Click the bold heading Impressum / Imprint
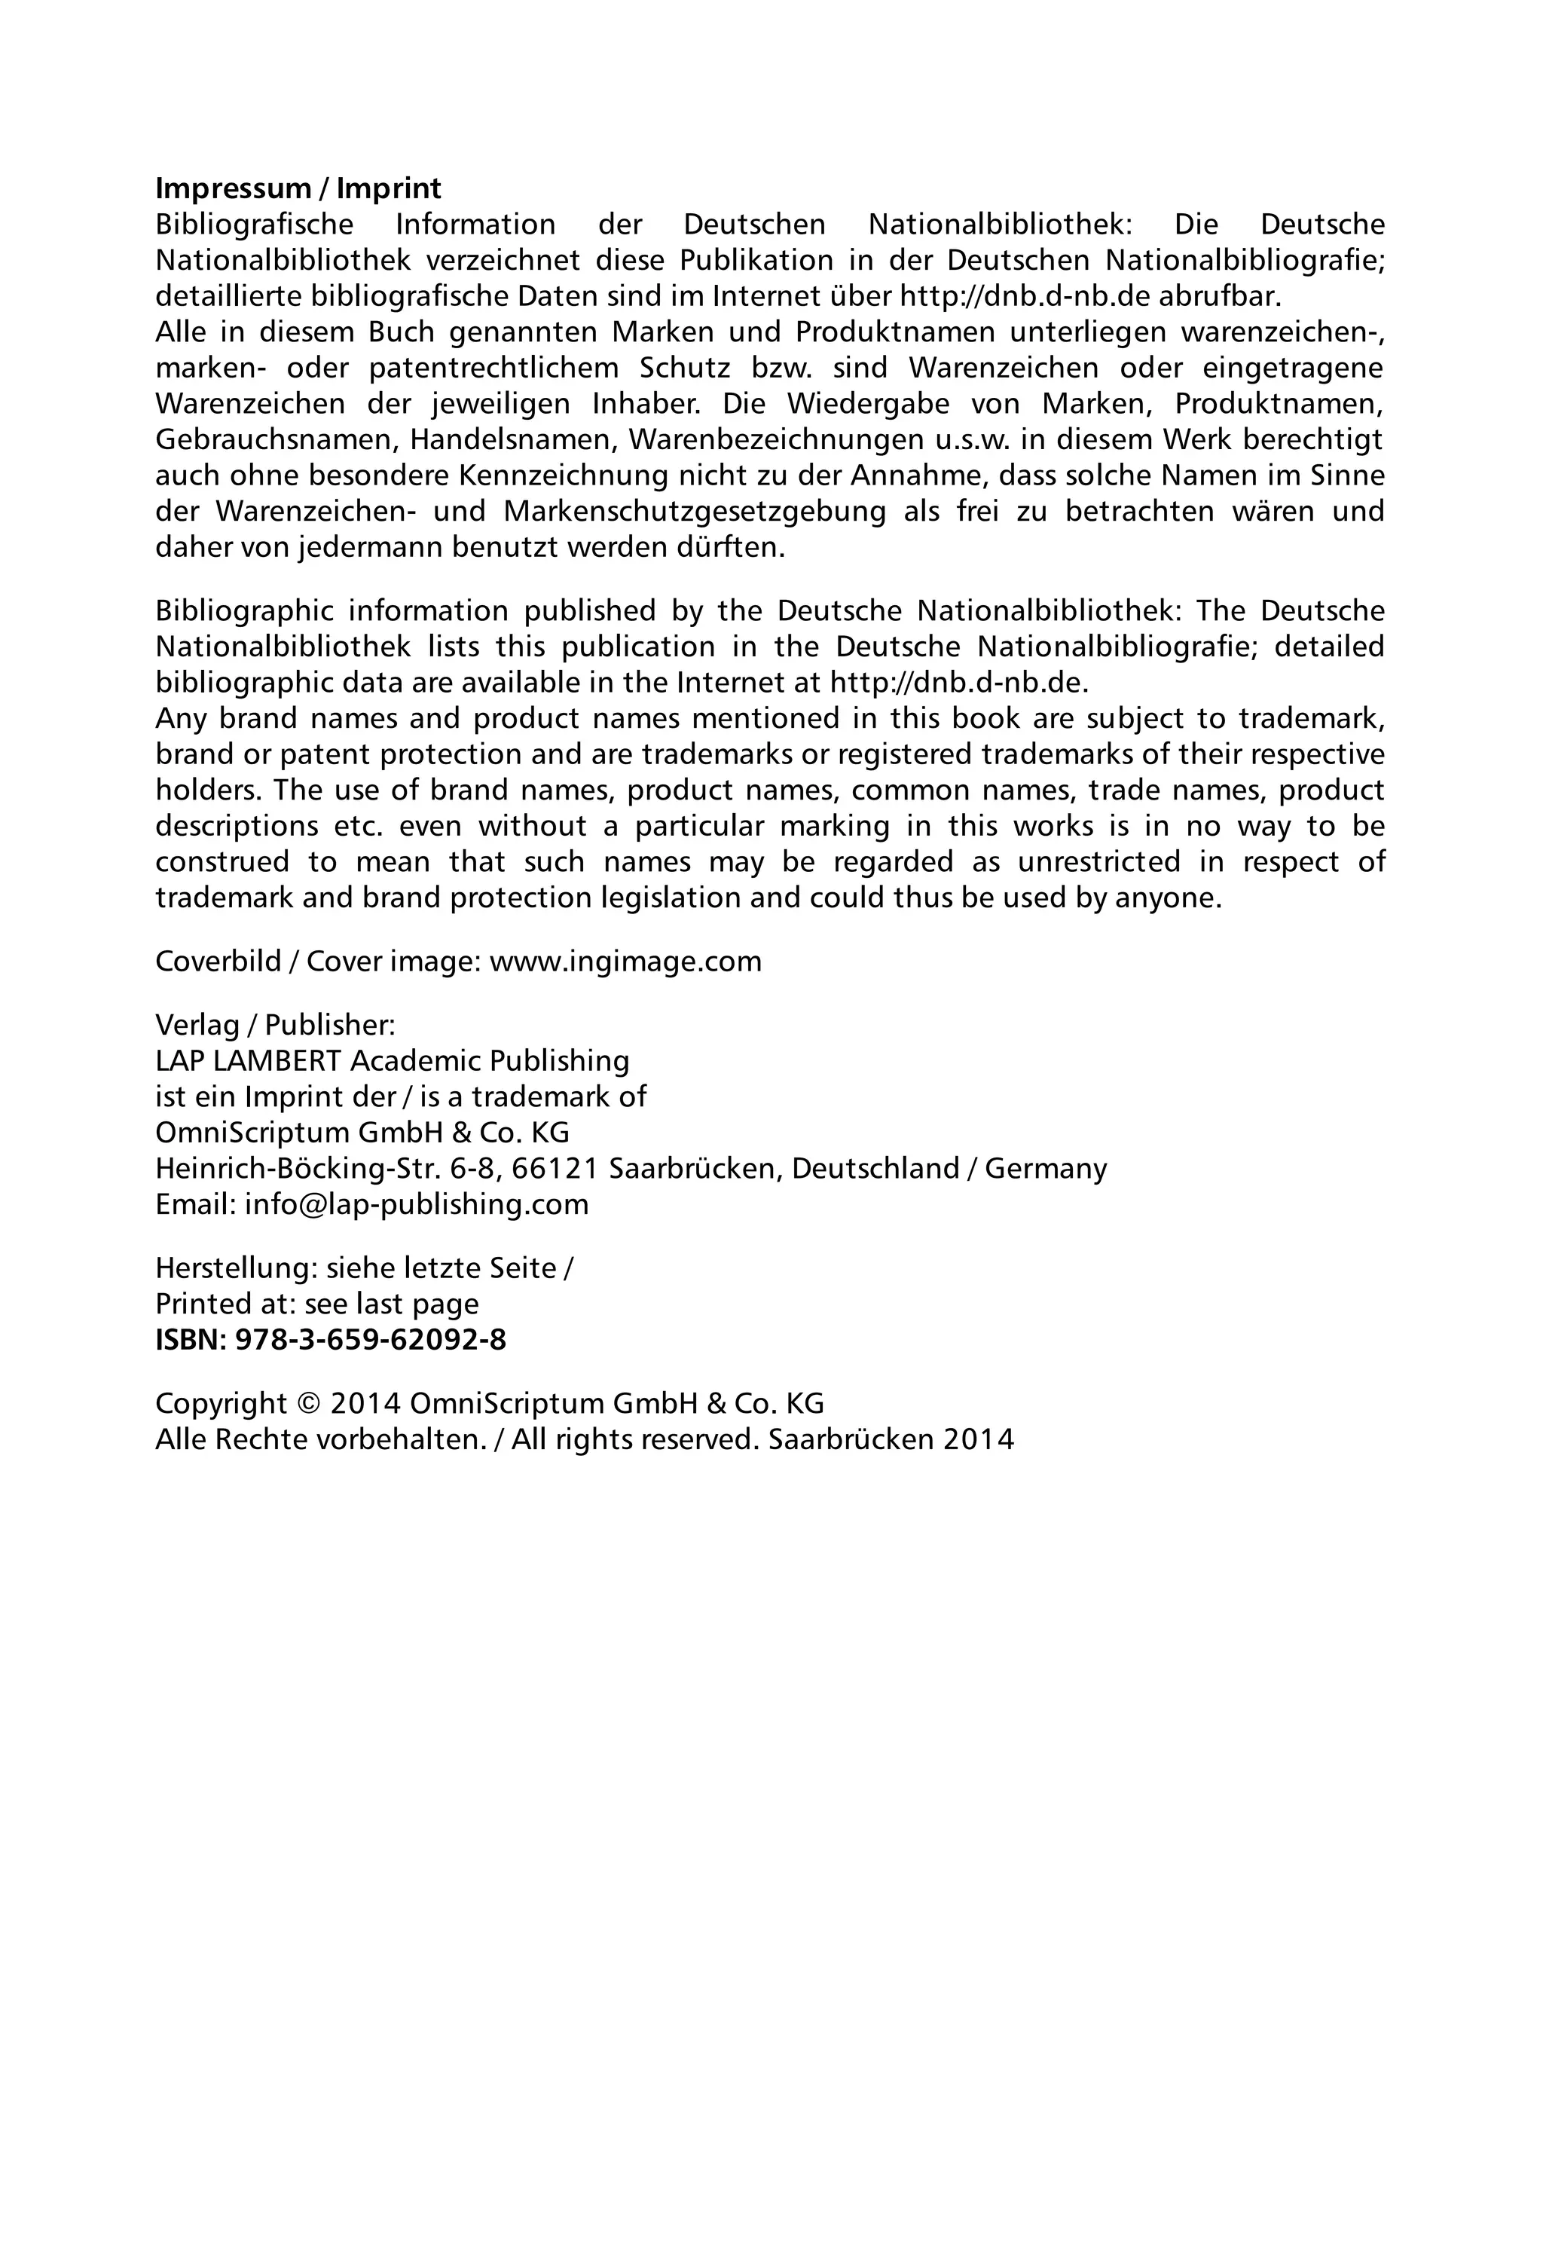[298, 188]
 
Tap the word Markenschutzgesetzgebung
[694, 511]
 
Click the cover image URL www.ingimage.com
[625, 962]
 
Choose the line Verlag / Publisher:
[275, 1025]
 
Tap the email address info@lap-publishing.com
[416, 1204]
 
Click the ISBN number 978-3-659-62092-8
[371, 1340]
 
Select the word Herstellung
[236, 1268]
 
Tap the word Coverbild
[218, 962]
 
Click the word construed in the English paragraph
[222, 862]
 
